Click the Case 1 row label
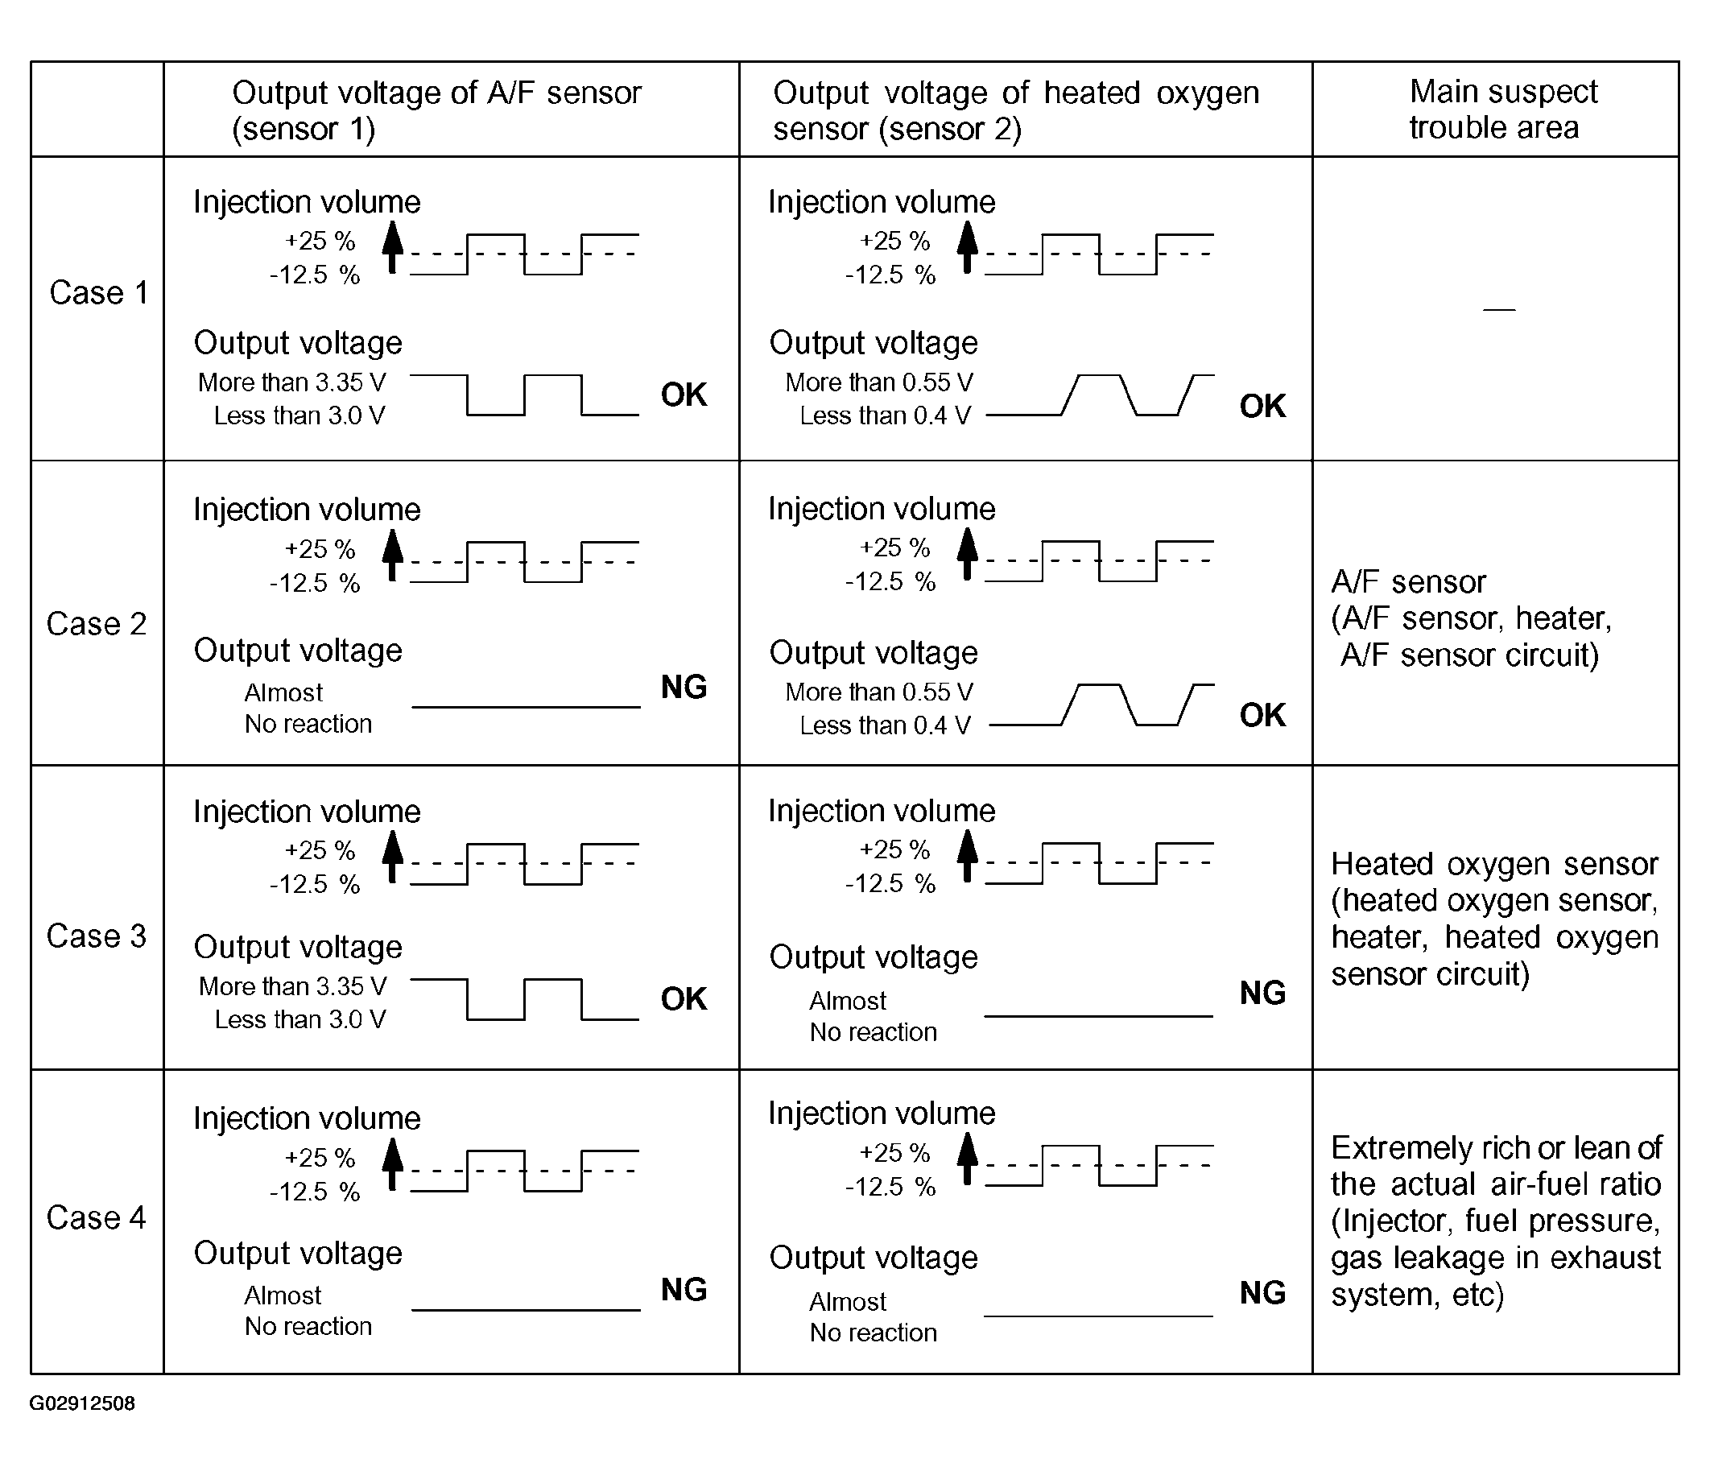tap(98, 293)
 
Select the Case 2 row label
tap(97, 624)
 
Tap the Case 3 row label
tap(97, 936)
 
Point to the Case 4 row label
tap(97, 1217)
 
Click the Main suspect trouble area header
tap(1502, 109)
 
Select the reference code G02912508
tap(83, 1403)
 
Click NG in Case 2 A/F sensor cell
tap(684, 687)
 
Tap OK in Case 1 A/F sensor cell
tap(684, 395)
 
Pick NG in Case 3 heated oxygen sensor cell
tap(1262, 993)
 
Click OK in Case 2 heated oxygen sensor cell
tap(1262, 715)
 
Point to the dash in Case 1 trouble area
tap(1499, 309)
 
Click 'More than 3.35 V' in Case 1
tap(292, 382)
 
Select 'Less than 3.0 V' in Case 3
tap(300, 1019)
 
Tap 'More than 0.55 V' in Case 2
tap(879, 692)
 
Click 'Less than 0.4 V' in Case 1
tap(885, 415)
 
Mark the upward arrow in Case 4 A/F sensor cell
tap(393, 1164)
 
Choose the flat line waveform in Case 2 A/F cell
tap(526, 708)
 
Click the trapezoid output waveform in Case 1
tap(1099, 395)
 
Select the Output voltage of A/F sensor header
tap(436, 109)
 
